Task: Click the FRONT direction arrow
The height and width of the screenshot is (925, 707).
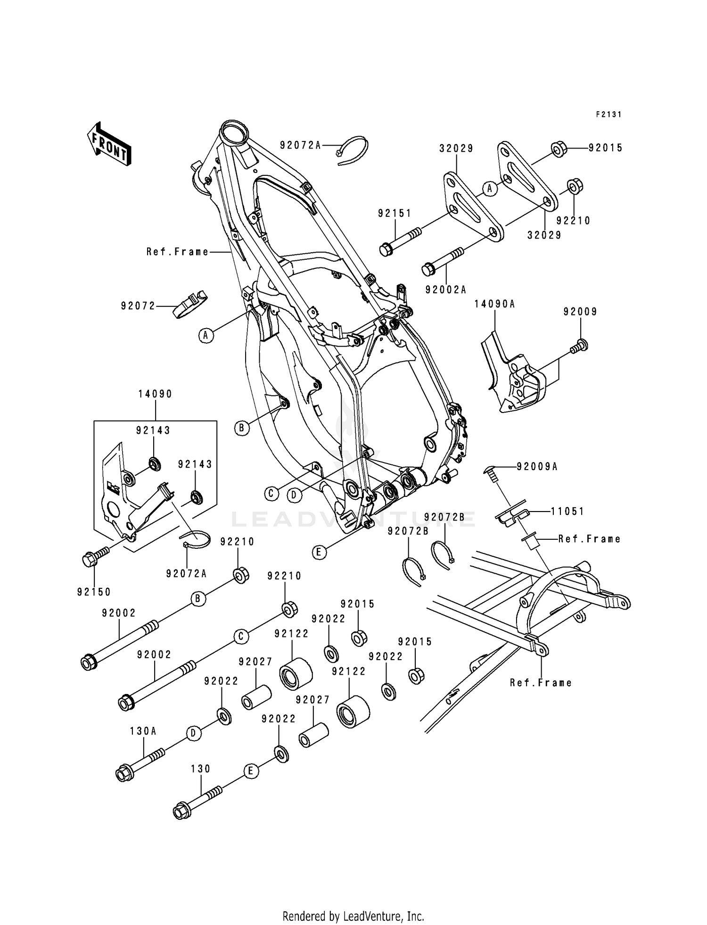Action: coord(109,144)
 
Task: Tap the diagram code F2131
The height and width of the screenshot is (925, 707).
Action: coord(608,114)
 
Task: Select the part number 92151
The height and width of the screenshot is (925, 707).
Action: coord(395,213)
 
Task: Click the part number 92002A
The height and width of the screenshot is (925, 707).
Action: coord(445,290)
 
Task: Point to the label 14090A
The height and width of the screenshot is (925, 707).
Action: coord(494,304)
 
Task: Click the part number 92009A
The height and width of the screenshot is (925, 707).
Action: coord(537,466)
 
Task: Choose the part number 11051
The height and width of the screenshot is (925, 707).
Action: coord(567,511)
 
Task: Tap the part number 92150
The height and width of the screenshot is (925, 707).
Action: coord(94,592)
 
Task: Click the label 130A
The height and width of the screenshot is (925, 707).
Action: coord(143,731)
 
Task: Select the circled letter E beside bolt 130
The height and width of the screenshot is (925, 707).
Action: coord(251,771)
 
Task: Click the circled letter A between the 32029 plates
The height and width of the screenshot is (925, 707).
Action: coord(490,189)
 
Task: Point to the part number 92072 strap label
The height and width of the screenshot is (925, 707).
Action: coord(138,306)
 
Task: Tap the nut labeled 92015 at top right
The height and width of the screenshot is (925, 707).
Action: coord(559,149)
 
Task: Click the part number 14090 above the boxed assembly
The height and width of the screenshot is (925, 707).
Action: coord(155,394)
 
